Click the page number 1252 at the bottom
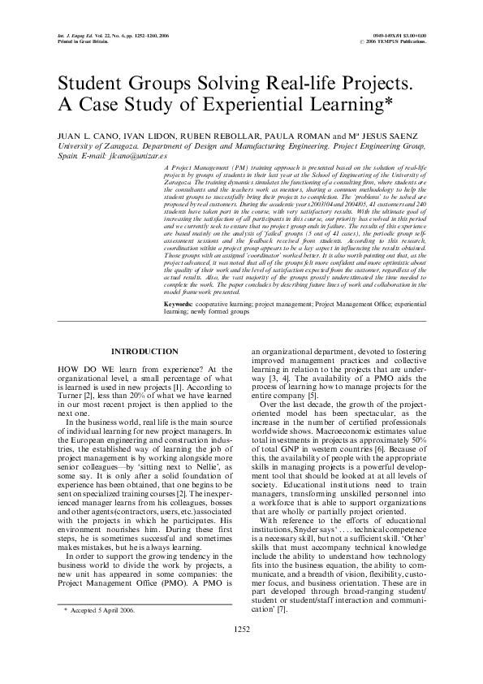[241, 651]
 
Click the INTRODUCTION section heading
[144, 350]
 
